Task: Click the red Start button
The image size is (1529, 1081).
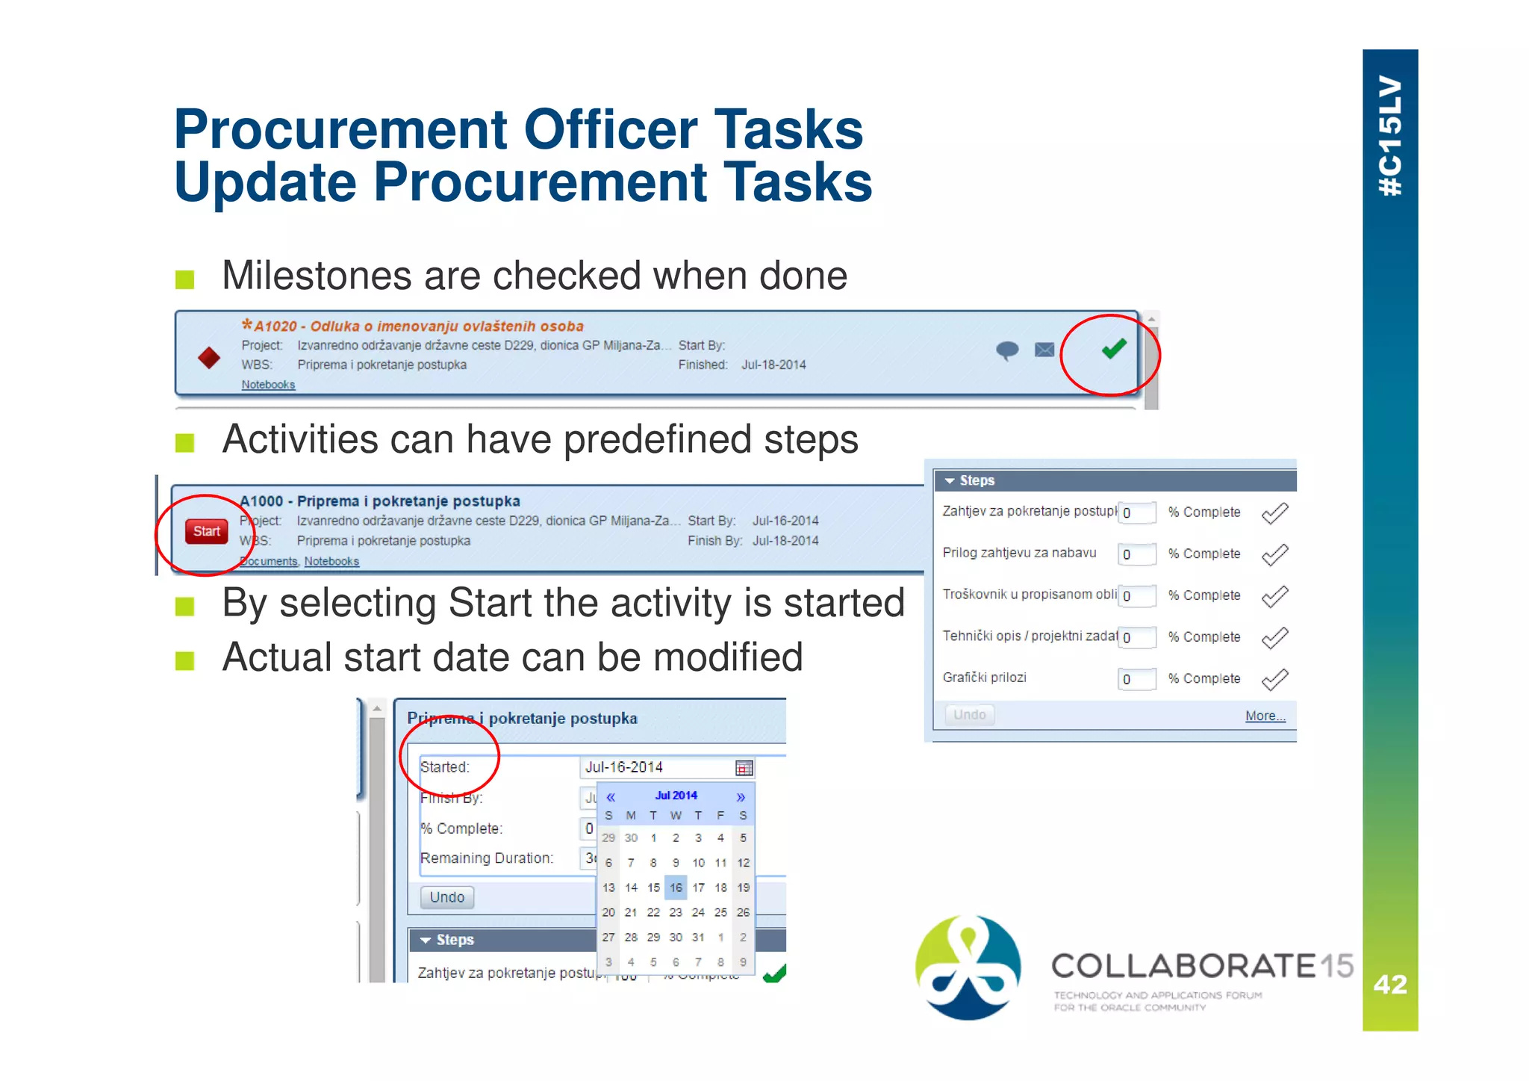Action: coord(206,531)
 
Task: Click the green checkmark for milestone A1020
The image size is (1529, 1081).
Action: coord(1113,349)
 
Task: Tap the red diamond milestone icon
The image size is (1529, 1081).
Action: coord(209,357)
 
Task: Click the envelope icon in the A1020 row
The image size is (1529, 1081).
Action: coord(1044,350)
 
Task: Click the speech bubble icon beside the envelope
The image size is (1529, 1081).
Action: coord(1007,350)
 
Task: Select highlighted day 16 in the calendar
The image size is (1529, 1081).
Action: coord(676,888)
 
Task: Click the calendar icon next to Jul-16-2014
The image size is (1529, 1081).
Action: coord(744,768)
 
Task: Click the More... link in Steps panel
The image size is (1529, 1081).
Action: coord(1265,716)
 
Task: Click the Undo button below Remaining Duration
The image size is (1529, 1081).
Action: coord(446,897)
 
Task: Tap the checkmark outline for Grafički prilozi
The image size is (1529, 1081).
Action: coord(1274,679)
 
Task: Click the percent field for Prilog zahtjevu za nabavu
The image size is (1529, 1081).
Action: coord(1136,554)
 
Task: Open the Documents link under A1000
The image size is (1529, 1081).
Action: coord(269,561)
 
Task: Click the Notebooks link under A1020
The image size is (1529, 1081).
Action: coord(268,385)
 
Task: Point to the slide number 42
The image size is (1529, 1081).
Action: coord(1389,985)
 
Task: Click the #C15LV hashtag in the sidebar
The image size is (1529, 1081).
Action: coord(1389,136)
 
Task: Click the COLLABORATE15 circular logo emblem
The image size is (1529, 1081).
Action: coord(968,967)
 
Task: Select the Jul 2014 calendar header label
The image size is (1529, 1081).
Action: coord(676,796)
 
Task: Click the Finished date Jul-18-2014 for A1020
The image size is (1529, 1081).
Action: coord(773,365)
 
